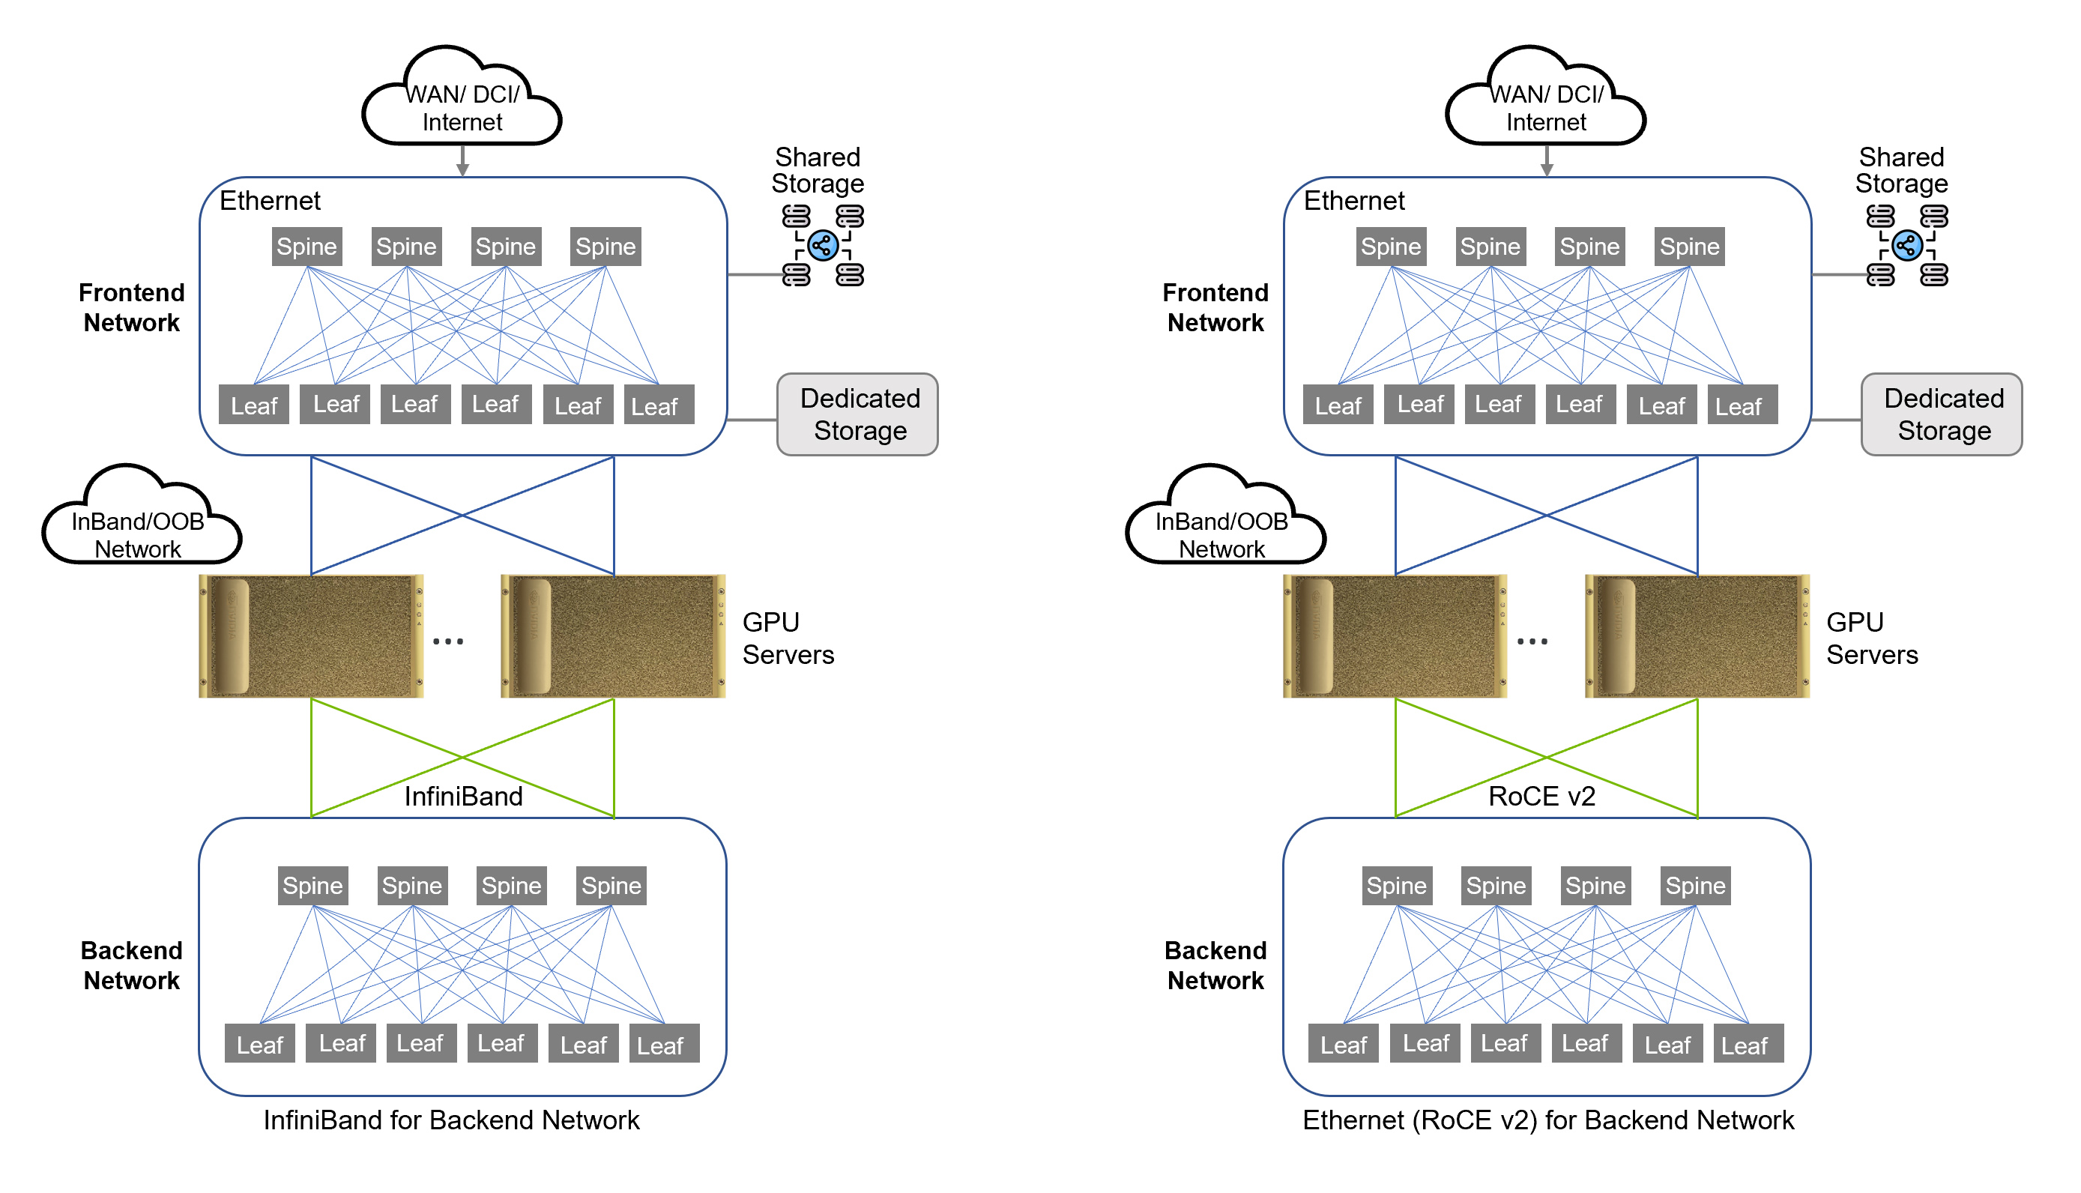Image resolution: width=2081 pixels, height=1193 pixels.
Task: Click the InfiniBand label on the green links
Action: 463,796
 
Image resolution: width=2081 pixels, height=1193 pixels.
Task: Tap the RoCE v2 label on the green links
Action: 1541,796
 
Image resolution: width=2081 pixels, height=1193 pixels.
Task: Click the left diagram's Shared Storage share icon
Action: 823,245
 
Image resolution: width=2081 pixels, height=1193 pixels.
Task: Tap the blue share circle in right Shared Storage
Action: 1906,245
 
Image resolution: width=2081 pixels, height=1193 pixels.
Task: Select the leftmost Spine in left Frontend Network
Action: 306,247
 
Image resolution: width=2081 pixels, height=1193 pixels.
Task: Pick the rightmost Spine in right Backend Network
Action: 1694,886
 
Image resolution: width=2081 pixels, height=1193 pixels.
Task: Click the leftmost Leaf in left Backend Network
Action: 260,1044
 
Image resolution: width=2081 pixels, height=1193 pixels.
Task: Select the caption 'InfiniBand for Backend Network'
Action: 451,1120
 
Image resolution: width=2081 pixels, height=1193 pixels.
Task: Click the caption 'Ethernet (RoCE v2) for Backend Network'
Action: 1547,1120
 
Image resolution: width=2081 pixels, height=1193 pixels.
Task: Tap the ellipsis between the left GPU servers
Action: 448,641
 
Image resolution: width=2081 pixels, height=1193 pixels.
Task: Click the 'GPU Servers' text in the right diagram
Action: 1871,638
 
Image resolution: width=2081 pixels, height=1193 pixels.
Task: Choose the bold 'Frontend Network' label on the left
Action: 131,307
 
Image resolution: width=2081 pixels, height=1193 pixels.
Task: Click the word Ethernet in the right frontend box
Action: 1353,201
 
